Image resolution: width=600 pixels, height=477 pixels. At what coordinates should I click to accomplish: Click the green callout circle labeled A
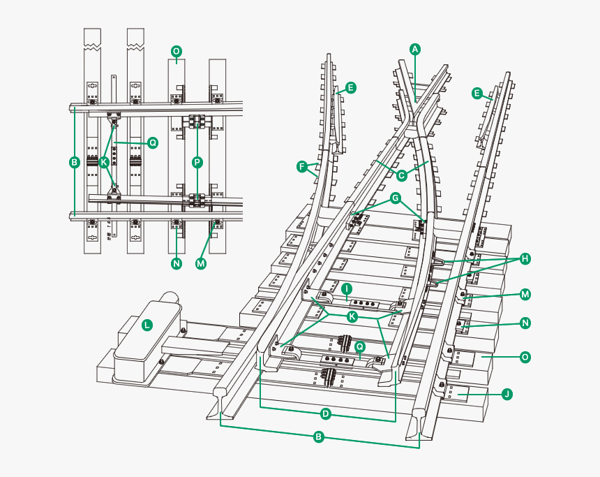click(x=415, y=49)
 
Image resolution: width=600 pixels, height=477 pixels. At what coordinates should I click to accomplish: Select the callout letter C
click(x=401, y=175)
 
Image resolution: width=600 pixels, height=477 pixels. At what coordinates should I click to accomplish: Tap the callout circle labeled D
click(x=325, y=413)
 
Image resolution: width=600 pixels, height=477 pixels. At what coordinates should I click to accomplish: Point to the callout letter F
click(x=302, y=167)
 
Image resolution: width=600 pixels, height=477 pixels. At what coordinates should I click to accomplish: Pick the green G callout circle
click(x=396, y=199)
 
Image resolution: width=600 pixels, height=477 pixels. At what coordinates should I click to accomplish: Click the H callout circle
click(x=525, y=258)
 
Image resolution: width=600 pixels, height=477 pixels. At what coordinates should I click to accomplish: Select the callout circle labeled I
click(x=346, y=288)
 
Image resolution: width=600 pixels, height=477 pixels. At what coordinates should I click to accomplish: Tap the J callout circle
click(x=507, y=394)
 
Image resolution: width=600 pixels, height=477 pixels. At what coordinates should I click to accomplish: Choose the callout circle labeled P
click(x=197, y=162)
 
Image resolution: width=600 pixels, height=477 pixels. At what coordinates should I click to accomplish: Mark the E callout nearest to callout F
click(x=351, y=88)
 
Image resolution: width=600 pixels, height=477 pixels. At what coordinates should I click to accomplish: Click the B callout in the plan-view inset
click(x=75, y=163)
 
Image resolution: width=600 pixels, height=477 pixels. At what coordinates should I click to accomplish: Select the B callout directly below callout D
click(x=318, y=437)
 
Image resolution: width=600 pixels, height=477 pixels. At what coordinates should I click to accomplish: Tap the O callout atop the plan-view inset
click(x=176, y=52)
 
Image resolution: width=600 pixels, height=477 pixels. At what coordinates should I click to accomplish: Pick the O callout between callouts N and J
click(x=525, y=357)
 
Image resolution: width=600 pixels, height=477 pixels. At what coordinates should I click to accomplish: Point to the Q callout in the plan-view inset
click(x=152, y=142)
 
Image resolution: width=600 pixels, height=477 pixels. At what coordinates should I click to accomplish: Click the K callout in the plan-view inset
click(x=104, y=162)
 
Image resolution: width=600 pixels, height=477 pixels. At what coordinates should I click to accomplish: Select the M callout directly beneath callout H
click(x=525, y=295)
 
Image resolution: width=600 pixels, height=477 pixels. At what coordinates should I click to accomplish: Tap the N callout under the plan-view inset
click(x=176, y=263)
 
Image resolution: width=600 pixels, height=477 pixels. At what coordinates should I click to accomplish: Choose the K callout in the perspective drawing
click(x=352, y=316)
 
